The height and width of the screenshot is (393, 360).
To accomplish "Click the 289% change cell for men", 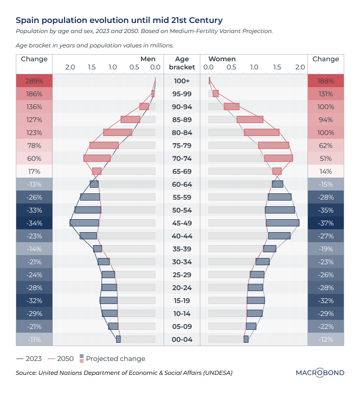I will (34, 81).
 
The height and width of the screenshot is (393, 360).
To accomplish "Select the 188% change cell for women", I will (326, 81).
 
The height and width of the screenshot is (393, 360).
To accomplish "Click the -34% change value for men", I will (34, 223).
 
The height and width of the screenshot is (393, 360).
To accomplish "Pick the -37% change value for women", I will (326, 223).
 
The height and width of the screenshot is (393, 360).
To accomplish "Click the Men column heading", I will (148, 59).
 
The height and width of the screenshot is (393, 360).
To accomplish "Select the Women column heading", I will (222, 59).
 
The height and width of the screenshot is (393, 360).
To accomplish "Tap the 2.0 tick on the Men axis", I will (70, 67).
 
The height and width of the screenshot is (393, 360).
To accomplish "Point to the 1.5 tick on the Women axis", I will (277, 67).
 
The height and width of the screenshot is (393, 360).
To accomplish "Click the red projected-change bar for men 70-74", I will (97, 158).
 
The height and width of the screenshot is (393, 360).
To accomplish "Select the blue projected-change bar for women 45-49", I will (283, 223).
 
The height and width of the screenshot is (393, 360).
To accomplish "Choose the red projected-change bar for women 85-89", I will (250, 119).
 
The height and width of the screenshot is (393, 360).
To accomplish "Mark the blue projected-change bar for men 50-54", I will (88, 210).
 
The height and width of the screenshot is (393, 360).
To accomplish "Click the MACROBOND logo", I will (320, 372).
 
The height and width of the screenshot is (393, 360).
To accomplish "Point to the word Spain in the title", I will (27, 20).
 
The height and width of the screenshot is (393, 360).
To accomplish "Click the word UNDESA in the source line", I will (215, 372).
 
